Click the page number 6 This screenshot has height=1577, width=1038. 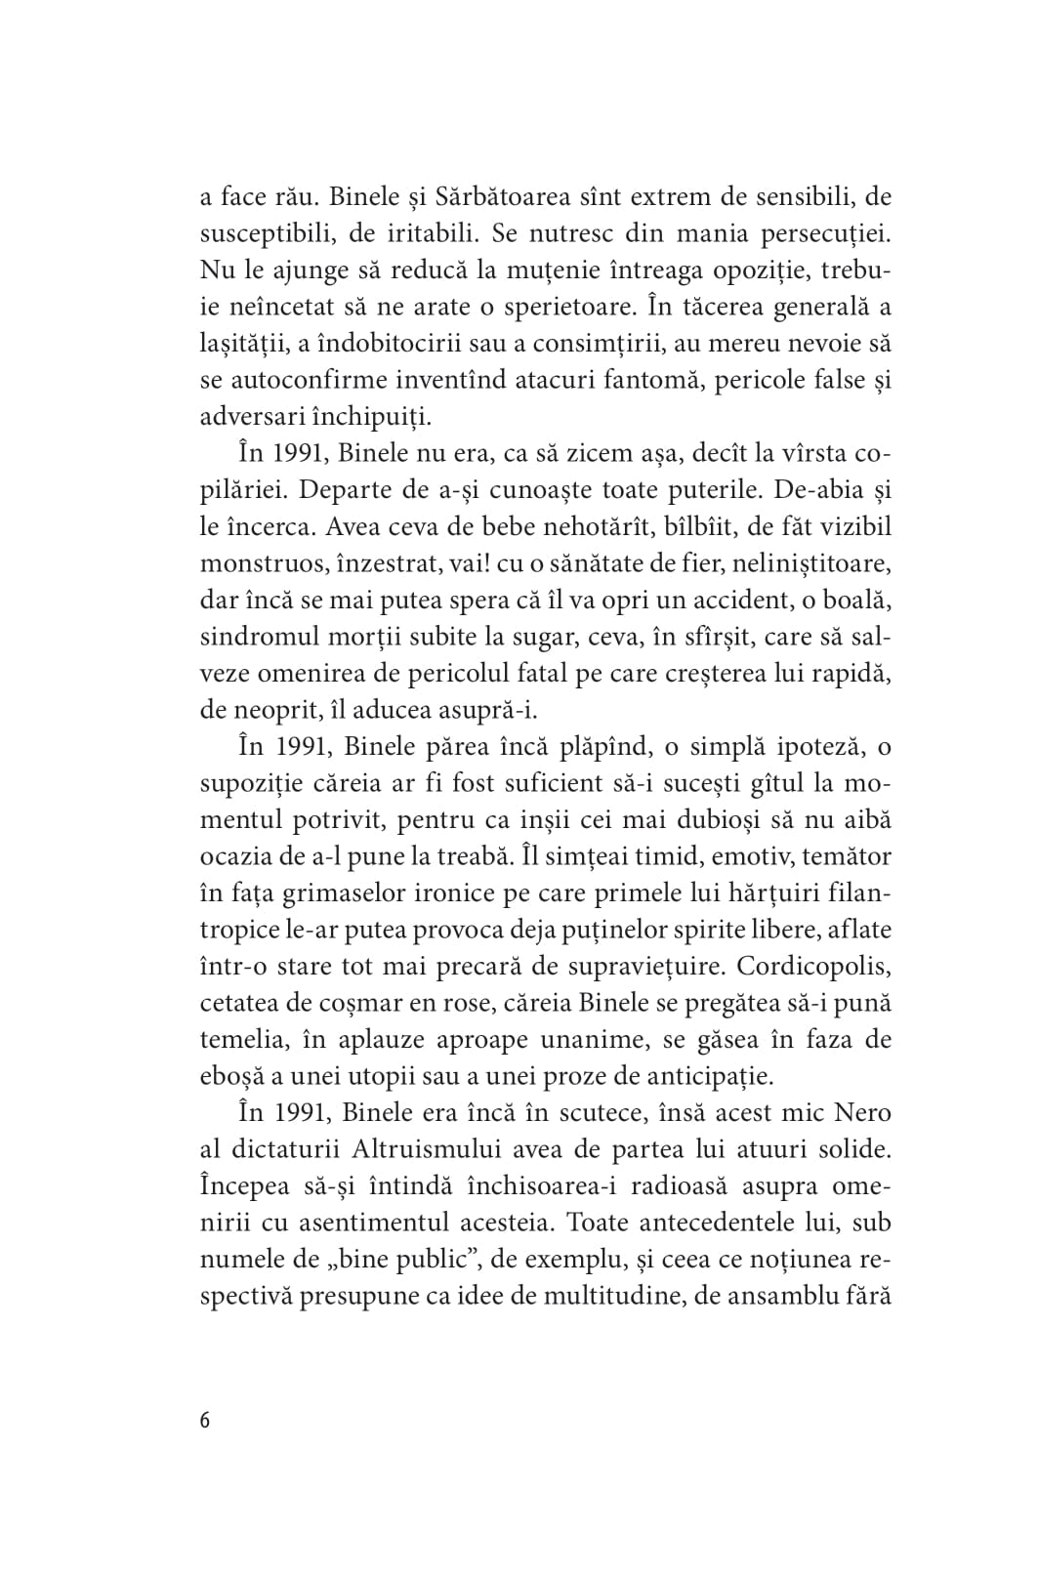pos(205,1420)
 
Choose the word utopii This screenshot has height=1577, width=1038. pos(431,1076)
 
